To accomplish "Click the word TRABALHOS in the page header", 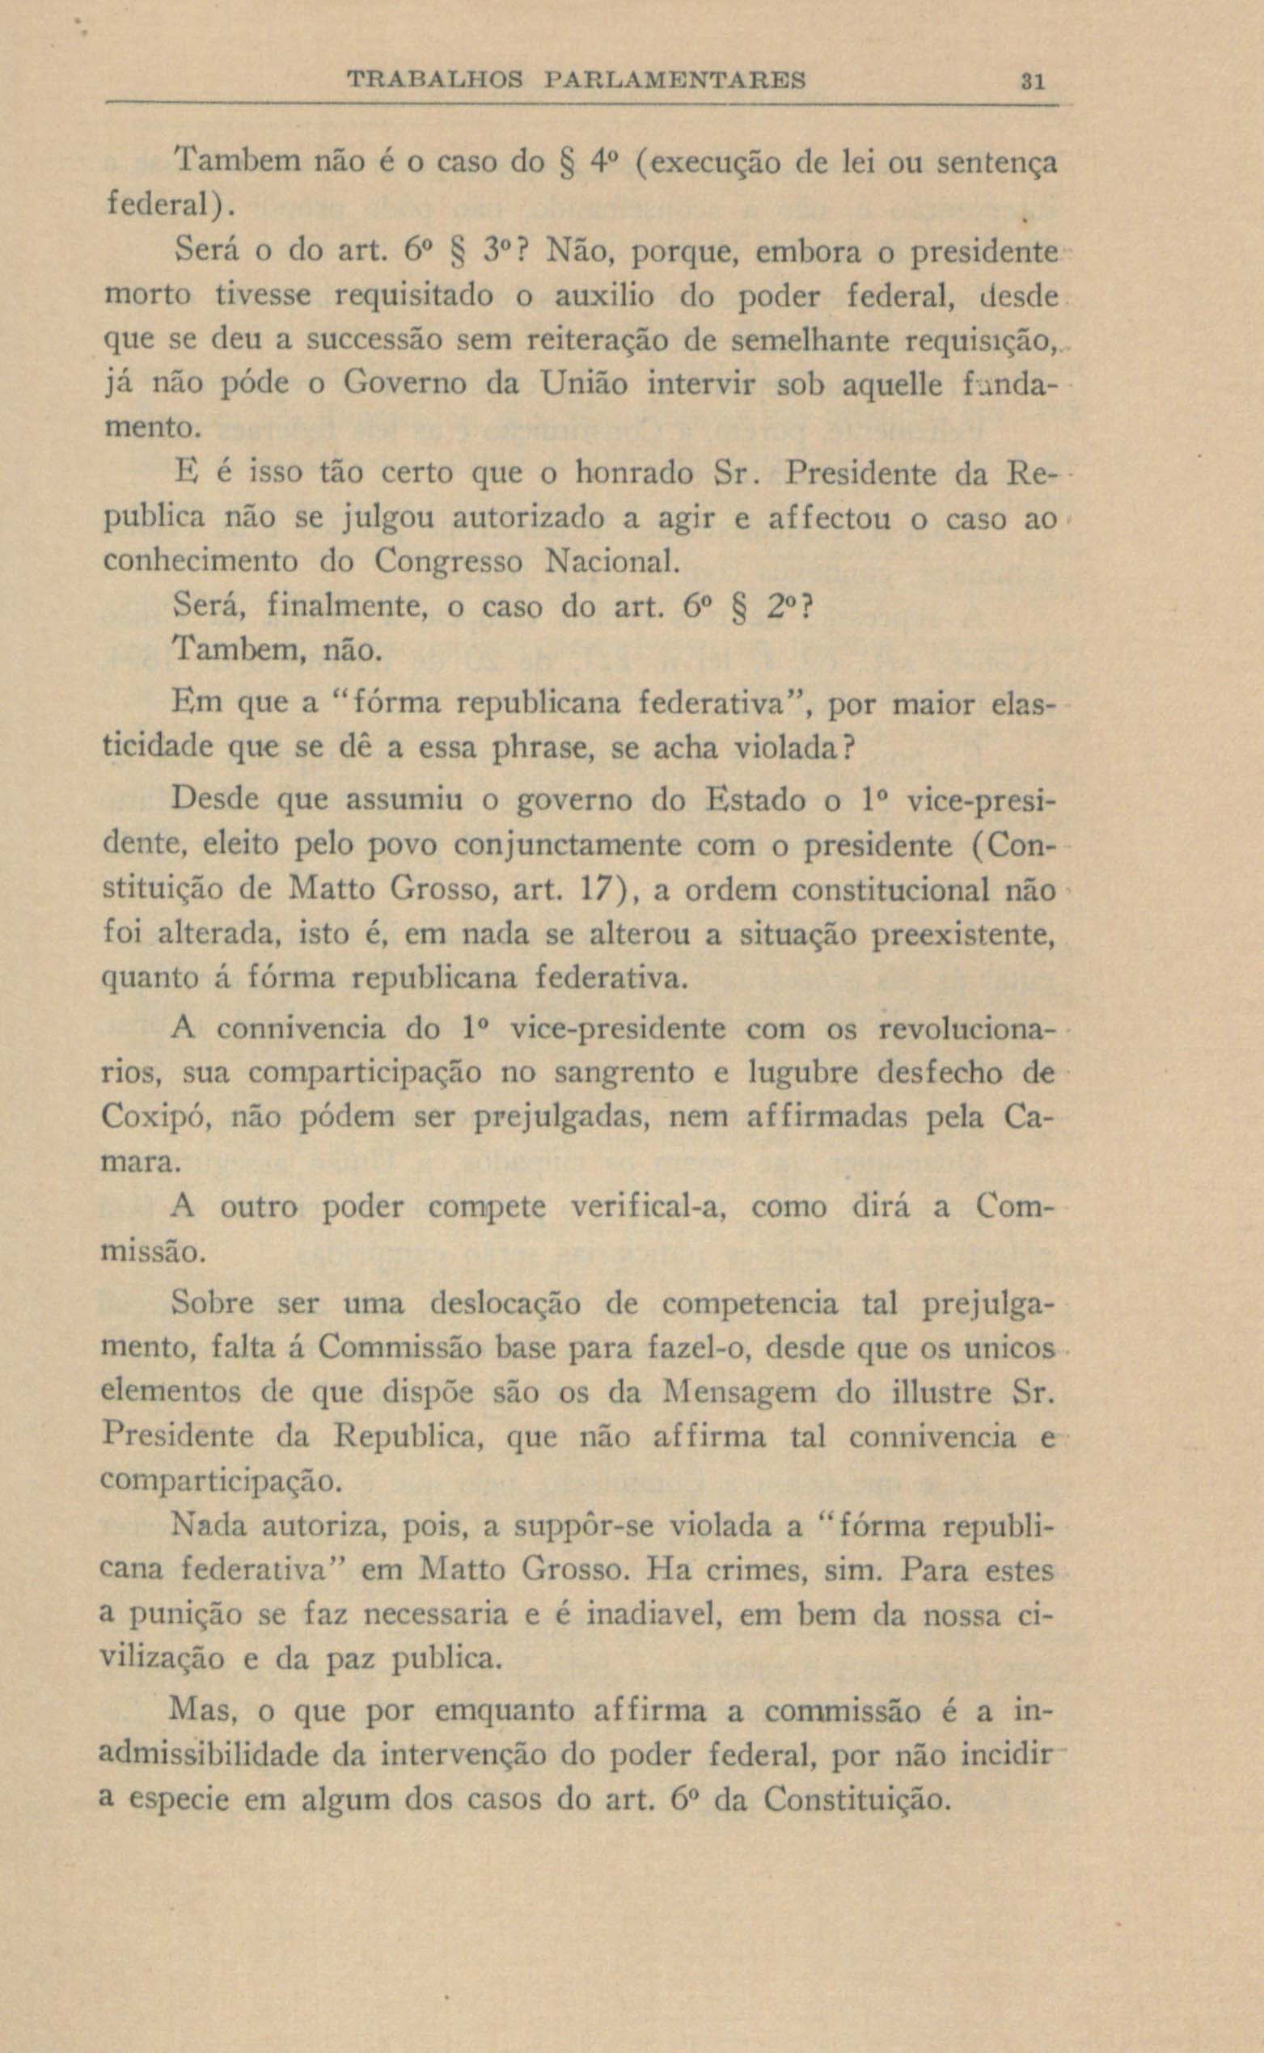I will coord(434,81).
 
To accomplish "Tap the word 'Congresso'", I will coord(448,561).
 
